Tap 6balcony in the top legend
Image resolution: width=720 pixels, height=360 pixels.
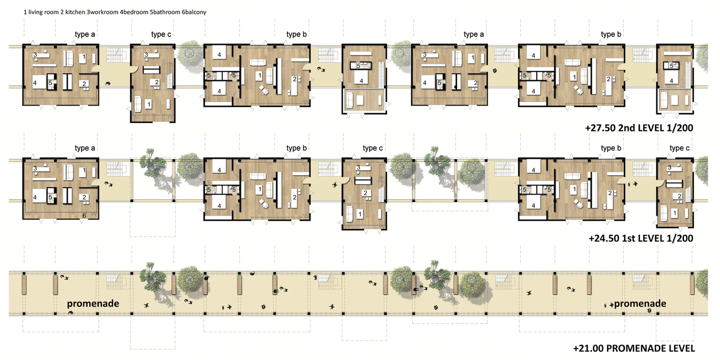[x=194, y=12]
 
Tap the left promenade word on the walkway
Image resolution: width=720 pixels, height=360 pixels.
[x=93, y=304]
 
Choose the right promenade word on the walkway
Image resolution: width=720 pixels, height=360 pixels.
[x=640, y=304]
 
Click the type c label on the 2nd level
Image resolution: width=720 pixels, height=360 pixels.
[x=161, y=35]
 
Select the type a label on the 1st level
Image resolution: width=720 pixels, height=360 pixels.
[x=85, y=148]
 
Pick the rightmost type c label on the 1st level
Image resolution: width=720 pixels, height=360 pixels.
[x=680, y=148]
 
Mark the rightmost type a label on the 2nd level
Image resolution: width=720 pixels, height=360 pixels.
[x=473, y=35]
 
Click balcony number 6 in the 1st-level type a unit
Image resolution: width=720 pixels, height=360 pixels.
[x=84, y=216]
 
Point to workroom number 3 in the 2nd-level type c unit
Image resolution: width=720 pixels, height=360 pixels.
[x=146, y=55]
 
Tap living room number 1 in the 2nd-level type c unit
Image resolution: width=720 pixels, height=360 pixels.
[x=148, y=104]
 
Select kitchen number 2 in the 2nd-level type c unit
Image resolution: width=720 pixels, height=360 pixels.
[x=156, y=82]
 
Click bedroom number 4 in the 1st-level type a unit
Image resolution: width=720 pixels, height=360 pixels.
[x=35, y=197]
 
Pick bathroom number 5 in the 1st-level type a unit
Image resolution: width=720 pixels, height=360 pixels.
[x=50, y=197]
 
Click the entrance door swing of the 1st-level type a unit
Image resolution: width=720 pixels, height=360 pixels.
[x=96, y=182]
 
